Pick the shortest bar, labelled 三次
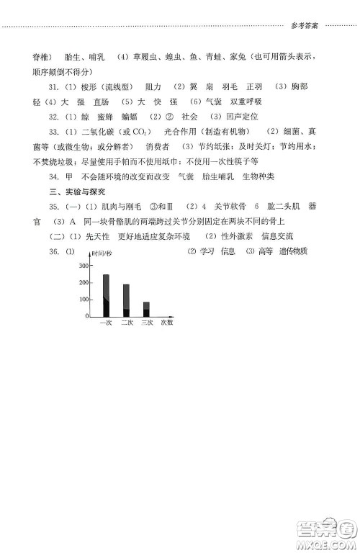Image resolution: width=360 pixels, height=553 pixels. pyautogui.click(x=146, y=309)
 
